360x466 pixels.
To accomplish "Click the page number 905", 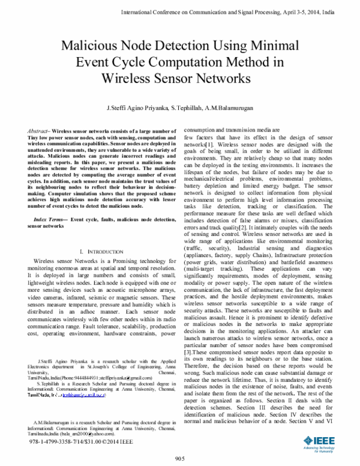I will tap(179, 458).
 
